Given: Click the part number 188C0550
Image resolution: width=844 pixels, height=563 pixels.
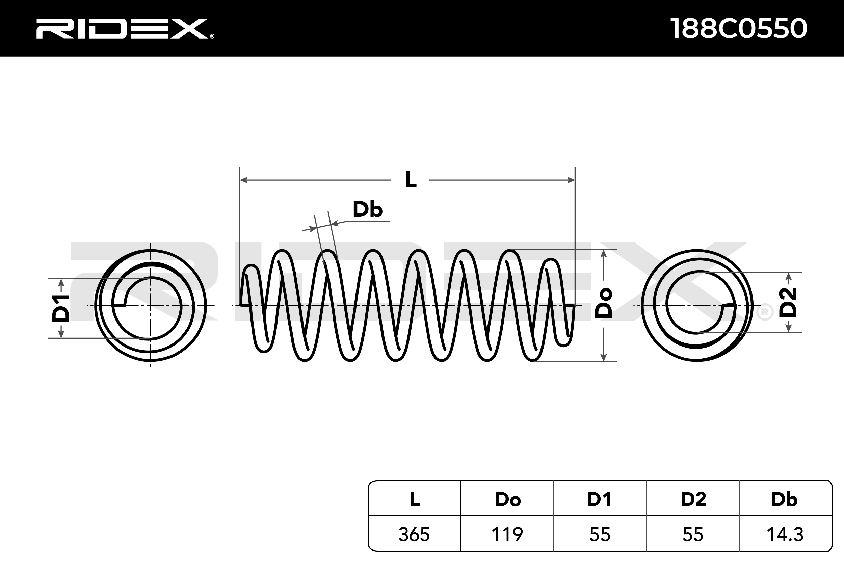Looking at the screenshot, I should coord(739,28).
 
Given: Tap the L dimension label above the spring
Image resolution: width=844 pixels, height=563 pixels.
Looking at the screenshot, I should coord(411,180).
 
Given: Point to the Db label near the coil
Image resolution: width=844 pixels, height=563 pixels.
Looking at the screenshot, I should coord(367,209).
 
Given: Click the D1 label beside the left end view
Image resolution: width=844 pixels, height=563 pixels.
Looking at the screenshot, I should coord(61,308).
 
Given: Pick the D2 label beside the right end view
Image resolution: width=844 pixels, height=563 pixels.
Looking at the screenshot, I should coord(788,302).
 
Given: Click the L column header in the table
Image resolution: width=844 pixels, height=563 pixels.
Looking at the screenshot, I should coord(415,500).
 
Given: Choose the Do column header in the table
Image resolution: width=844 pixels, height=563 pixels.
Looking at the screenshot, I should coord(507,500).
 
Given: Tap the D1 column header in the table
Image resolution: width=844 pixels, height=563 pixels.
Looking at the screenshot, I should coord(599,500).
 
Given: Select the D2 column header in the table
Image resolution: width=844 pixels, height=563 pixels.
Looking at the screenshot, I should coord(693,500).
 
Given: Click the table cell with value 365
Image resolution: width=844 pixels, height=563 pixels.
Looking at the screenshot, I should coord(414,535).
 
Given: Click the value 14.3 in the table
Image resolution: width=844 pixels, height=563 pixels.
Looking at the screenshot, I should coord(785,535).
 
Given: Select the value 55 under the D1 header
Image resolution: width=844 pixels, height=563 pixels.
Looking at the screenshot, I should coord(600,535).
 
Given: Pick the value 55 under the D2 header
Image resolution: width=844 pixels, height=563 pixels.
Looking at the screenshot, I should coord(692,535).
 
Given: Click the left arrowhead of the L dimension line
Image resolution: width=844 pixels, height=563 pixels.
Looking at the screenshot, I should coord(243,180).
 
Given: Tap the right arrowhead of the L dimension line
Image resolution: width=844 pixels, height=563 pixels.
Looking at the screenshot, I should coord(571,180).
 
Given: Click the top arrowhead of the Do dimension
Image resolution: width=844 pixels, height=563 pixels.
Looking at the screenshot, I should coord(604,253).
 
